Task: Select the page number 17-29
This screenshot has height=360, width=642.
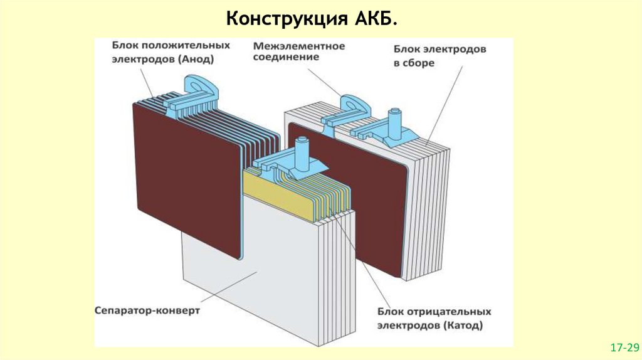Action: click(624, 347)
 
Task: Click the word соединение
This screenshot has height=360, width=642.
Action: click(285, 58)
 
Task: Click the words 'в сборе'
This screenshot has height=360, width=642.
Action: click(414, 63)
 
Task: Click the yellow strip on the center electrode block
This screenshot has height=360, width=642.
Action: click(276, 192)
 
